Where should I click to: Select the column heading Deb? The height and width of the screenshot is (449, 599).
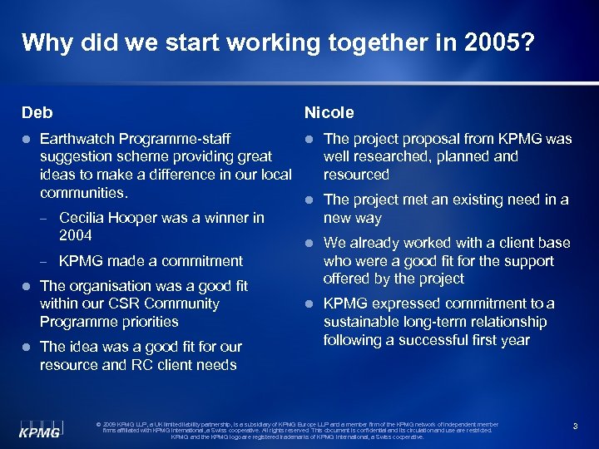pyautogui.click(x=36, y=112)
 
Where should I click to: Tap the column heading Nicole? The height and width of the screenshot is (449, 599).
pyautogui.click(x=329, y=112)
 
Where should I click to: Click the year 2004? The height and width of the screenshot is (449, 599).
pyautogui.click(x=76, y=236)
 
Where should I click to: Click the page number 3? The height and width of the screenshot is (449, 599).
pyautogui.click(x=574, y=426)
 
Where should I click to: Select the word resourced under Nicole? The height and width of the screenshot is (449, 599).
pyautogui.click(x=356, y=175)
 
